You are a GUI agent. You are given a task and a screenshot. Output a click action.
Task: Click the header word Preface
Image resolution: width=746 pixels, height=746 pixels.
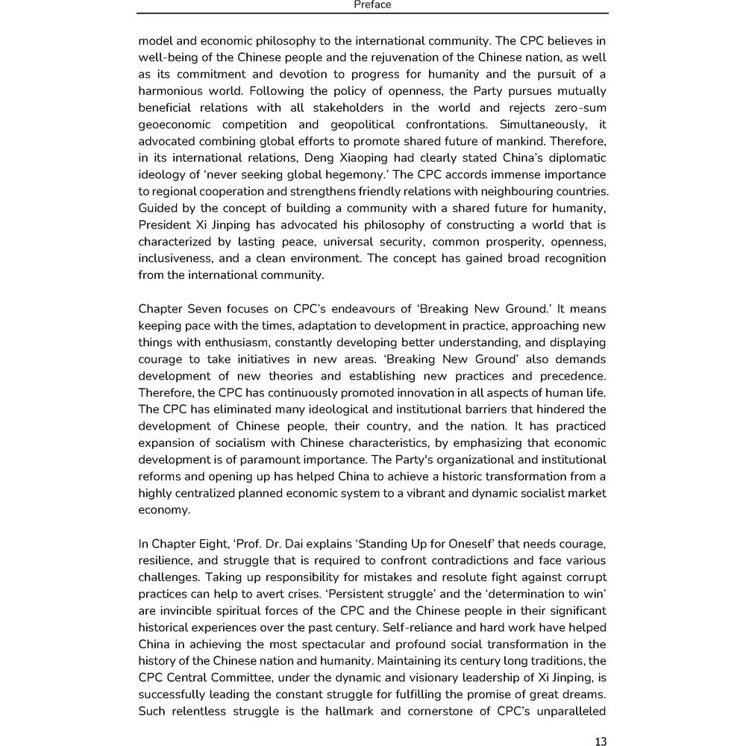pos(372,5)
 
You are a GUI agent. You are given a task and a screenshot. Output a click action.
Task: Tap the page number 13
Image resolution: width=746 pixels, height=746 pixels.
pos(601,741)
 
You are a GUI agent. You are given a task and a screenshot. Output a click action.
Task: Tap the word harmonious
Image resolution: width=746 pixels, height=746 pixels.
pos(172,91)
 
